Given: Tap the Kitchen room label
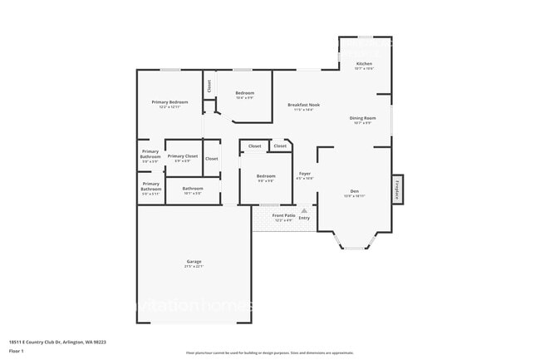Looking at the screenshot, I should [x=364, y=63].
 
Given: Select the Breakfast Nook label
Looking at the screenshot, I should [x=303, y=105].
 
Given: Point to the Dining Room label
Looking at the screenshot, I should [x=362, y=118].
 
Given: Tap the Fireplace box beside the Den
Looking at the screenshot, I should [x=397, y=189].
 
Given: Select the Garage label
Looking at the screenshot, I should [x=194, y=262].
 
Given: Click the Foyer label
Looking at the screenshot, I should [x=304, y=174].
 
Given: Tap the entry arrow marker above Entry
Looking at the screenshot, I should [x=304, y=211].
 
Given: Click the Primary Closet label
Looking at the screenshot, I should [x=182, y=156].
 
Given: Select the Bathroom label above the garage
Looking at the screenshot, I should [x=193, y=189].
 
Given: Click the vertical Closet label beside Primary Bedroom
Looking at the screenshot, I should [x=209, y=85].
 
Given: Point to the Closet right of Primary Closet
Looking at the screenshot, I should [x=212, y=158].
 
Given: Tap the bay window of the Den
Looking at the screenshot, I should [x=354, y=243].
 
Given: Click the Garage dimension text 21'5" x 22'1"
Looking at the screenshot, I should [x=194, y=267].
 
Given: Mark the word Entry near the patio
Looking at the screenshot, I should [x=304, y=219].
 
